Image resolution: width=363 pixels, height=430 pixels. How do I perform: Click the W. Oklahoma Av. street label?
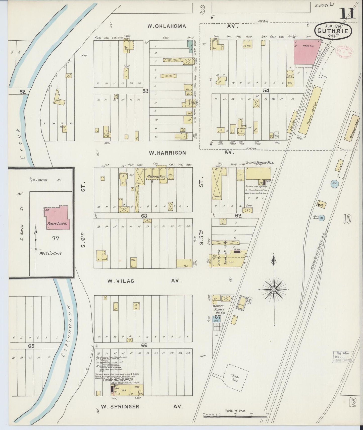pyautogui.click(x=166, y=26)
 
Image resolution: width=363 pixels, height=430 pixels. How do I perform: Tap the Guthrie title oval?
pyautogui.click(x=333, y=31)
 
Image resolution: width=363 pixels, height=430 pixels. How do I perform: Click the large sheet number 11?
pyautogui.click(x=348, y=13)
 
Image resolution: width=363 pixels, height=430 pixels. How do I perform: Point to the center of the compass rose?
pyautogui.click(x=274, y=290)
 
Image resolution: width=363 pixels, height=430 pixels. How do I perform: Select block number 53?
pyautogui.click(x=145, y=91)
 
